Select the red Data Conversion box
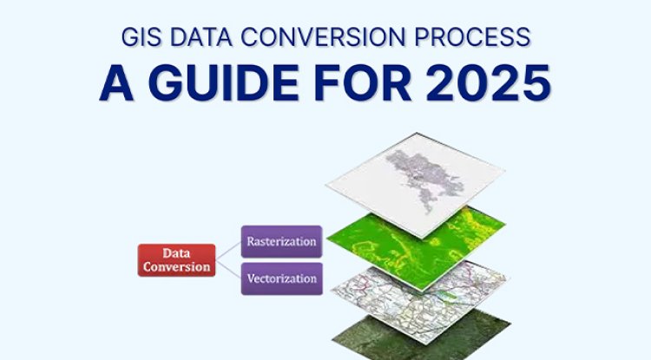(x=175, y=259)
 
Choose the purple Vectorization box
(x=280, y=279)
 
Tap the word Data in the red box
(x=175, y=253)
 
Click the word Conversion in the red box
(x=175, y=266)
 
